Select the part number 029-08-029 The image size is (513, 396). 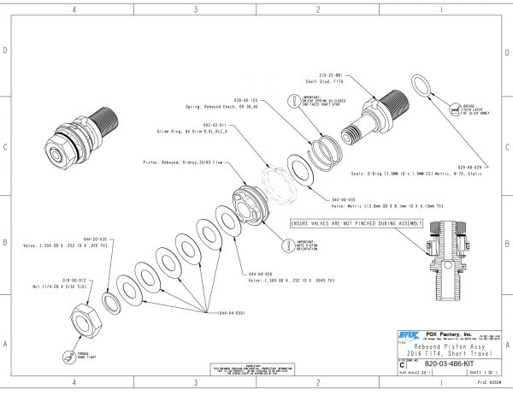469,166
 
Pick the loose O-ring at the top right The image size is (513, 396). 422,87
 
